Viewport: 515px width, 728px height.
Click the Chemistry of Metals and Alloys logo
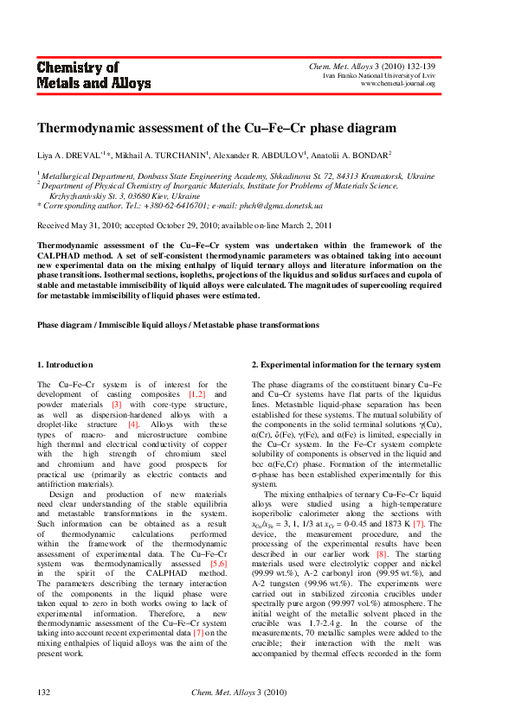[x=93, y=76]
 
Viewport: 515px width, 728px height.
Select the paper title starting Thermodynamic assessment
[x=216, y=128]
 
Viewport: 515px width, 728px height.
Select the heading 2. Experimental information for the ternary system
[x=346, y=365]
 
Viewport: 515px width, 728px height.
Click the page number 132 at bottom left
[x=44, y=693]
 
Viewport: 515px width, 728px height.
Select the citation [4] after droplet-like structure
[x=133, y=425]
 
